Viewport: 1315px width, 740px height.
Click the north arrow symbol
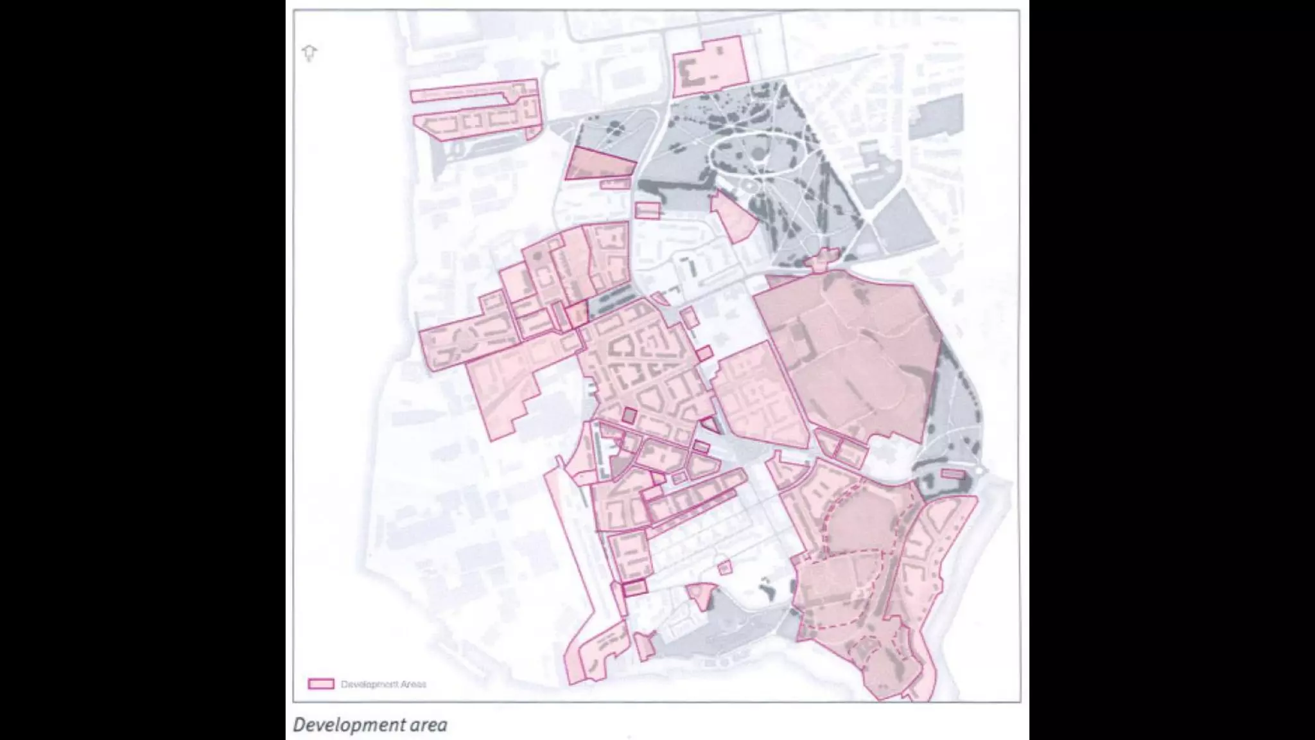(x=309, y=52)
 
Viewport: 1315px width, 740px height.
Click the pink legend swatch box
(x=321, y=683)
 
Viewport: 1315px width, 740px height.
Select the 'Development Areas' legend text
(x=383, y=684)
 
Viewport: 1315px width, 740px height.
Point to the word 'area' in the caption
(x=428, y=726)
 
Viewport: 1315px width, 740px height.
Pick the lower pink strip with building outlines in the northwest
(x=475, y=122)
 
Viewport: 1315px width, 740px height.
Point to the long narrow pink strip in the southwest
(x=571, y=546)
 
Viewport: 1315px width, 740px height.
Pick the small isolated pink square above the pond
(x=725, y=568)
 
